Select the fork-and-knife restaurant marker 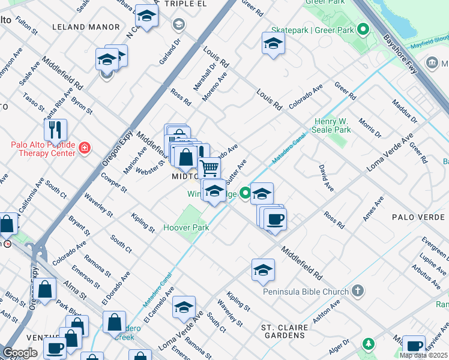click(55, 130)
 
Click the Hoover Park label click(186, 228)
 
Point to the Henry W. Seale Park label click(332, 125)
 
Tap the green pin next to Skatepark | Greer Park click(363, 29)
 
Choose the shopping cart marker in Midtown click(209, 167)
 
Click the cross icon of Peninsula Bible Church click(358, 292)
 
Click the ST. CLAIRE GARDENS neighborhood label click(284, 332)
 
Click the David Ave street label click(326, 178)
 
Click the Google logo click(20, 353)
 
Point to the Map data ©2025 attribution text click(424, 355)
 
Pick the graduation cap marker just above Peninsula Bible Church click(263, 270)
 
